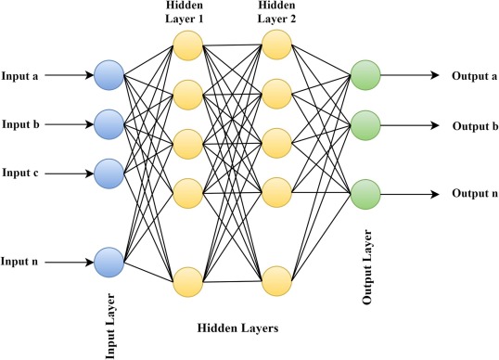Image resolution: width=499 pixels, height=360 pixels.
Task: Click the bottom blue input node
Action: pos(109,263)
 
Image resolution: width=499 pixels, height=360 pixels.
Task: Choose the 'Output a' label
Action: pos(474,75)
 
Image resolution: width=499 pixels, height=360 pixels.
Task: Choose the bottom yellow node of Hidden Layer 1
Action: pos(188,280)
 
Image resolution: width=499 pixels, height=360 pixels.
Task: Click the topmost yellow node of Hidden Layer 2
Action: pos(277,45)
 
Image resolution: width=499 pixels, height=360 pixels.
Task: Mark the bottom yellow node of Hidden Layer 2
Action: pos(277,280)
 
